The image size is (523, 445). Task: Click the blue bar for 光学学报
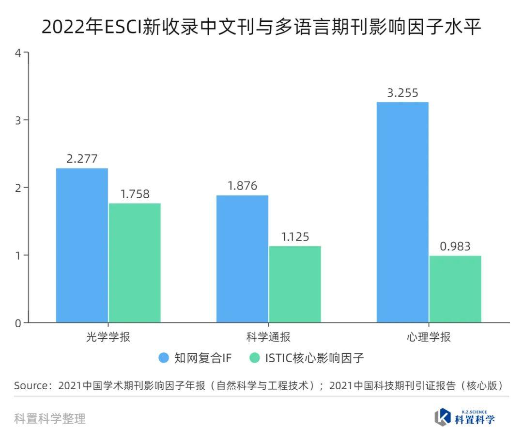coord(82,245)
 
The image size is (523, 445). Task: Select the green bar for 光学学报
coord(135,262)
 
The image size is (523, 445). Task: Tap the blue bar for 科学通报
coord(242,258)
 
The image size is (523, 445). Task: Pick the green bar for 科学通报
coord(295,284)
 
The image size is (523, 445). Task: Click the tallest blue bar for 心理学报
coord(402,212)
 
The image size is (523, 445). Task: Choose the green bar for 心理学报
coord(455,289)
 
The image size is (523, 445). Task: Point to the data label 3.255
coord(402,93)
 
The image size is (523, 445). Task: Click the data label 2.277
coord(82,159)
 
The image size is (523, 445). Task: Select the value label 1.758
coord(135,194)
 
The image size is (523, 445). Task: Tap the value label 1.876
coord(242,186)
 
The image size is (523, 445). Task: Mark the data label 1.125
coord(295,237)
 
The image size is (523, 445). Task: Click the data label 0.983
coord(455,247)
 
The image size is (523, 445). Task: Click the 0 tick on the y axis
coord(18,323)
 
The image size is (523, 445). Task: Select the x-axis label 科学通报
coord(268,337)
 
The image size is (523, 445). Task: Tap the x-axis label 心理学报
coord(429,337)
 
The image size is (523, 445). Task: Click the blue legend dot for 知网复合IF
coord(164,358)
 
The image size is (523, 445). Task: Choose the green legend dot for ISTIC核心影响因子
coord(255,358)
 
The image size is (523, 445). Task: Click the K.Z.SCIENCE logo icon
coord(443,417)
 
